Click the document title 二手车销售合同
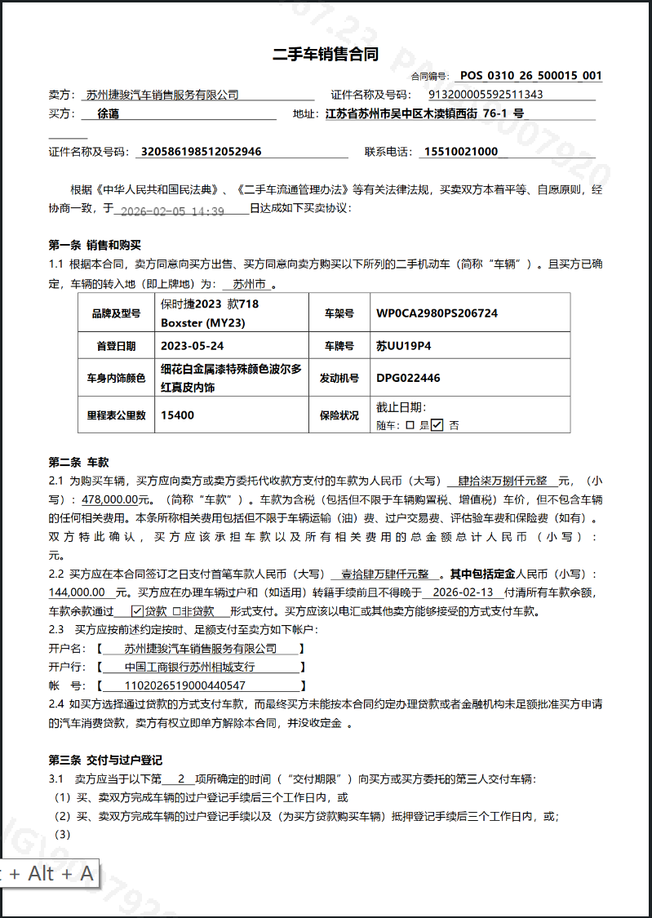[326, 55]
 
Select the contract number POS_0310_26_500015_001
[530, 76]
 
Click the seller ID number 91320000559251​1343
[486, 95]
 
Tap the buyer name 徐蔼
[108, 114]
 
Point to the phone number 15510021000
[460, 152]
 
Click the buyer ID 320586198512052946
[202, 152]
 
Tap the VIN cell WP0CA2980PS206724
[437, 313]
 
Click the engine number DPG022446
[408, 378]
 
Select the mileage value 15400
[177, 415]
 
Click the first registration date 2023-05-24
[193, 346]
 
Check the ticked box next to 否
[437, 424]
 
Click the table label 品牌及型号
[114, 313]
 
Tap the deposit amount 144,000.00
[78, 592]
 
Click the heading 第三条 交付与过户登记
[106, 761]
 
